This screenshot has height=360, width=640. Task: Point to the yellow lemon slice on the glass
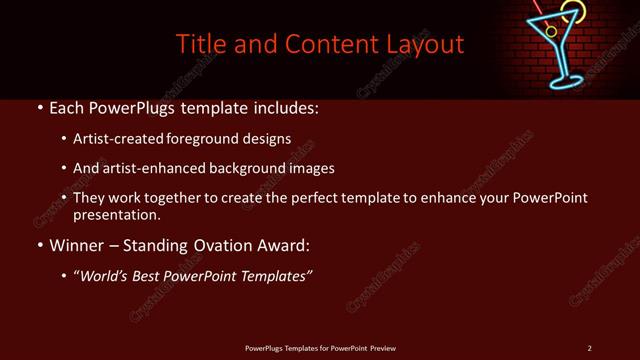[x=571, y=12]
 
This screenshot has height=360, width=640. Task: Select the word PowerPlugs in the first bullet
[x=143, y=107]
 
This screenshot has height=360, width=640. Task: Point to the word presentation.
[x=115, y=215]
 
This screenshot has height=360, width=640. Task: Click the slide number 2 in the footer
[x=590, y=348]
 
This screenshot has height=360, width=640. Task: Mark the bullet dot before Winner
[x=38, y=245]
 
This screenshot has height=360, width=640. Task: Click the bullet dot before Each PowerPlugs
[x=38, y=107]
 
